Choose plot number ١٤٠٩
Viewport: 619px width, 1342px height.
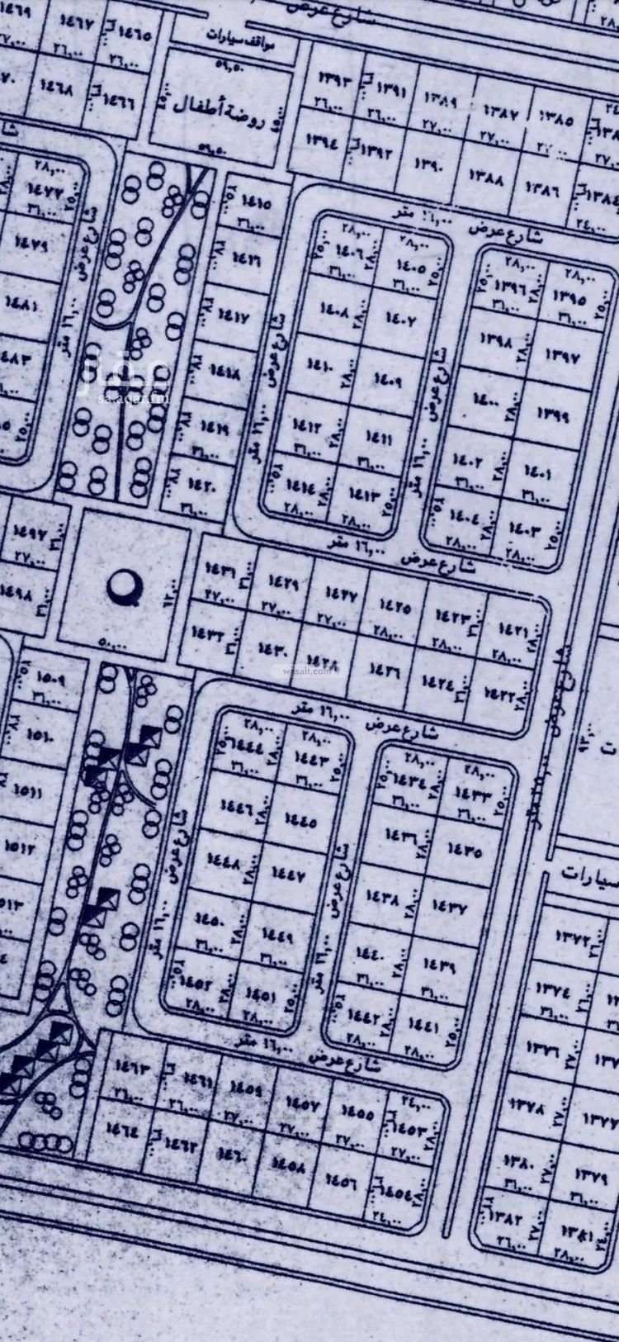387,381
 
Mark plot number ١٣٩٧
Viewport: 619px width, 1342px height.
563,358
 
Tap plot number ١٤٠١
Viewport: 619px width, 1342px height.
537,474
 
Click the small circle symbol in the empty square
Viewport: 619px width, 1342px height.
125,585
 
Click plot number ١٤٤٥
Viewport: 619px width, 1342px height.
300,820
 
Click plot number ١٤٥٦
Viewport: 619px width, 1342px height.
339,1179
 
